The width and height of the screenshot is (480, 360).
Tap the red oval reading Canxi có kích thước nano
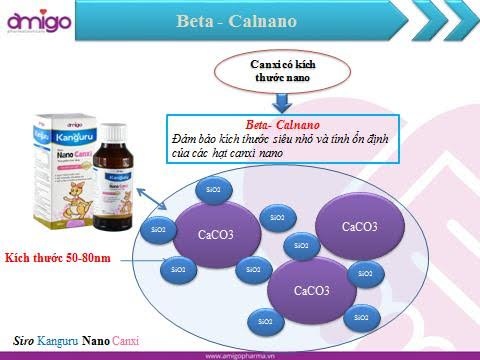point(283,69)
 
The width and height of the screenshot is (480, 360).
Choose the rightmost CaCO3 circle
point(359,227)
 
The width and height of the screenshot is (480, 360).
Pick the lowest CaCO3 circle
point(309,290)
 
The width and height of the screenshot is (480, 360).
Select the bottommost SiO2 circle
point(263,322)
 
